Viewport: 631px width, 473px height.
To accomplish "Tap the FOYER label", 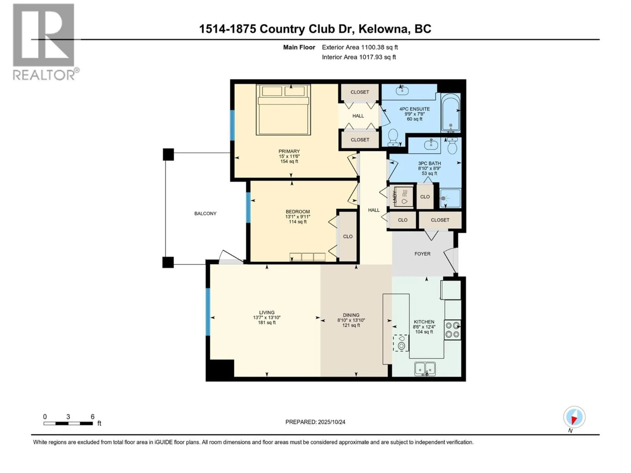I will (422, 254).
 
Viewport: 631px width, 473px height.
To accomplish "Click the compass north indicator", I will (574, 417).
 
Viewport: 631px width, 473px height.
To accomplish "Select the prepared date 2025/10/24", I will (331, 422).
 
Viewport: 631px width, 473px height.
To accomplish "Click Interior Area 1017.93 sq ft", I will (359, 57).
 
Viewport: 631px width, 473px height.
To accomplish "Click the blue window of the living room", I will (208, 312).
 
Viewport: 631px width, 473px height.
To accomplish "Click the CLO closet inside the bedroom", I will (347, 236).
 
